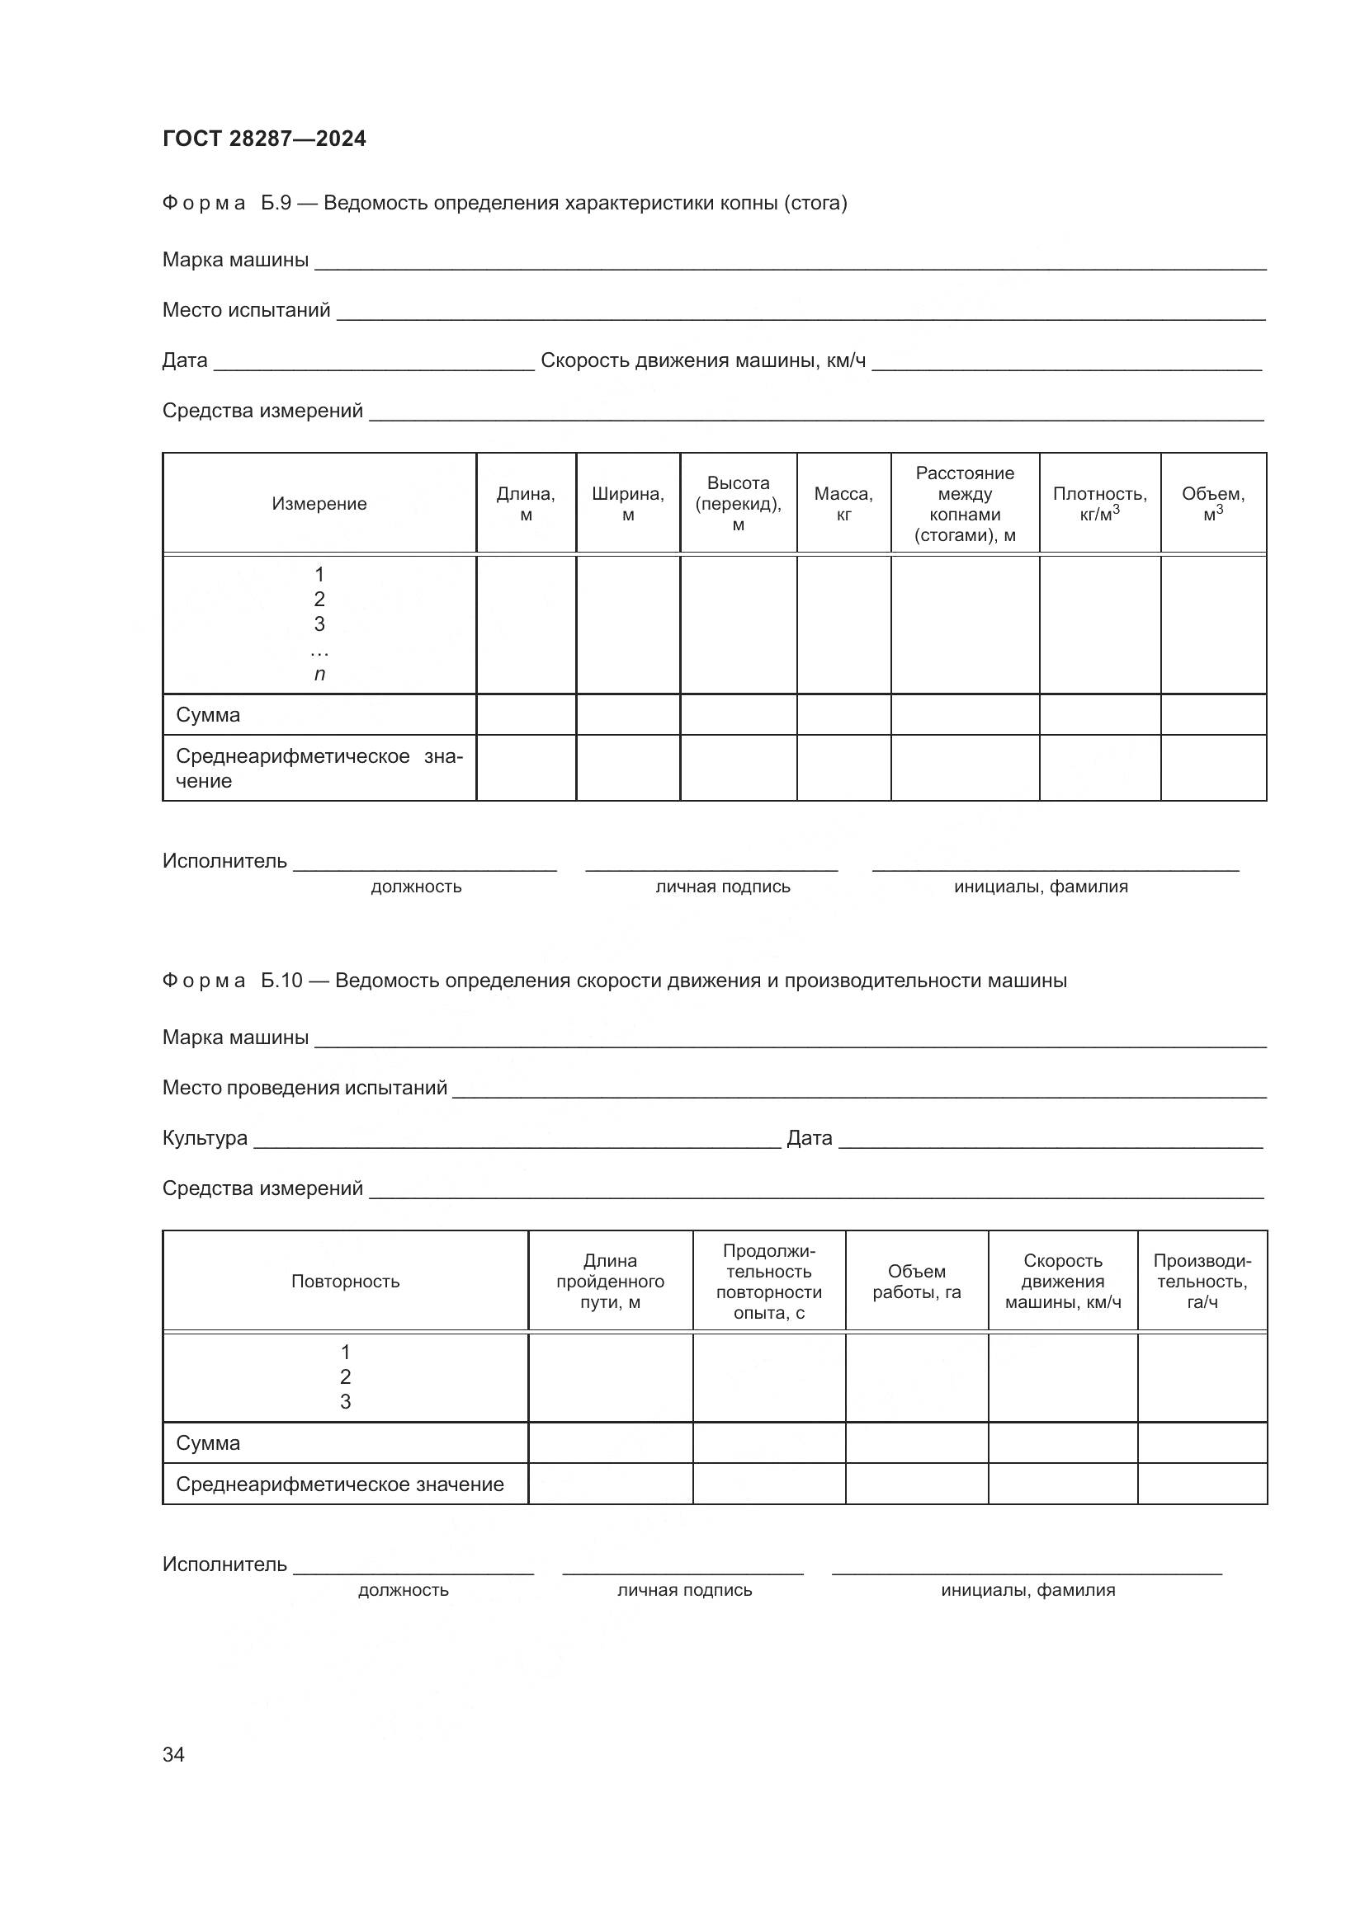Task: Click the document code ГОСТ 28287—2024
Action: [x=264, y=139]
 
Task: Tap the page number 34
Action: [x=173, y=1754]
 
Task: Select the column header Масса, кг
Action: [x=843, y=503]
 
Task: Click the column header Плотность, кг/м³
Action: [x=1099, y=503]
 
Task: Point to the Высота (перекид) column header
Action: [x=738, y=503]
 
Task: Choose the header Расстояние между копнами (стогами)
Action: [x=965, y=503]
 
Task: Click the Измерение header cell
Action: [x=319, y=503]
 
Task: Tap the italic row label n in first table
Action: [x=319, y=674]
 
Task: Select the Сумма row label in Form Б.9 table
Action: [x=208, y=715]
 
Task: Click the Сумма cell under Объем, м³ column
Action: [x=1213, y=715]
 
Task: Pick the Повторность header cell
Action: [x=345, y=1282]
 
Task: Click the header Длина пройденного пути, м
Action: [x=610, y=1282]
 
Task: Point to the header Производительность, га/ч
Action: [x=1202, y=1282]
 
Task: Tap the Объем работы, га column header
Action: [x=916, y=1282]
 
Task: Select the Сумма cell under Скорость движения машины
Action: [x=1062, y=1442]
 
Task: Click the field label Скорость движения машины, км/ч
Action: [x=702, y=360]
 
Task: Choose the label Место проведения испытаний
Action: [x=305, y=1087]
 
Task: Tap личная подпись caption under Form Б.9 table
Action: [x=723, y=887]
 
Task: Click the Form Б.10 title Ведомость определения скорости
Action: [x=700, y=981]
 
